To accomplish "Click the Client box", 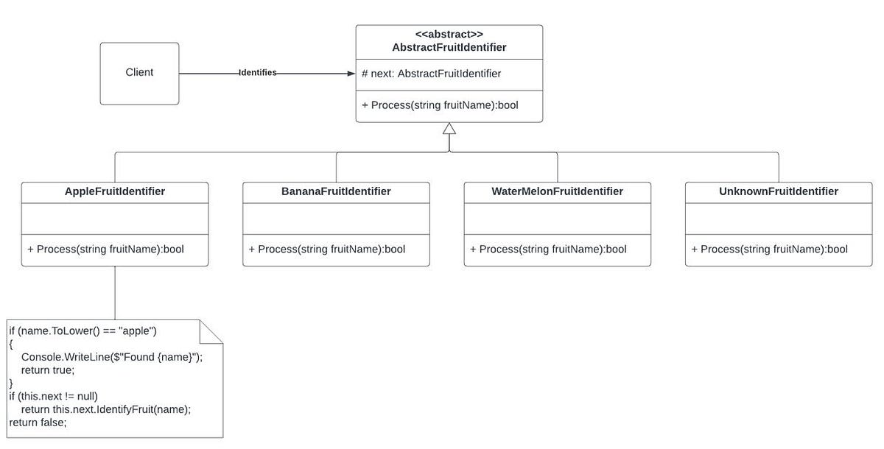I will tap(139, 73).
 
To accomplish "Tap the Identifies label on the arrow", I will tap(257, 73).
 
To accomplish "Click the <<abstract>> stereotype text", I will tap(449, 35).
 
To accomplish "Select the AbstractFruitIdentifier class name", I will tap(449, 48).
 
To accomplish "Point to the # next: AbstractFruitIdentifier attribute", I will tap(432, 74).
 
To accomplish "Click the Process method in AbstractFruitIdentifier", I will tap(440, 105).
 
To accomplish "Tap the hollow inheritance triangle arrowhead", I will tap(449, 128).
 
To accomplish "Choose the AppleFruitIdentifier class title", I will tap(115, 191).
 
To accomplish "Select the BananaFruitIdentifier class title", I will tap(336, 191).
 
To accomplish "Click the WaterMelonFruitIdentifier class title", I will tap(557, 191).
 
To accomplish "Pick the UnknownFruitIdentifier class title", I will tap(779, 191).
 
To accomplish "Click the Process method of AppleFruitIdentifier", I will tap(105, 250).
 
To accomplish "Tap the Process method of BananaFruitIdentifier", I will tap(326, 250).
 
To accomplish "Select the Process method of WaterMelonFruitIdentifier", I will tap(548, 250).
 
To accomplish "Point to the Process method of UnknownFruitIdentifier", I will tap(769, 250).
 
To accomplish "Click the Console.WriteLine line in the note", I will tap(111, 357).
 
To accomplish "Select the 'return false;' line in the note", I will tap(38, 423).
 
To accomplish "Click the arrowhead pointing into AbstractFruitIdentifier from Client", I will tap(350, 73).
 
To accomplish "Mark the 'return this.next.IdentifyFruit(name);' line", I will tap(105, 409).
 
